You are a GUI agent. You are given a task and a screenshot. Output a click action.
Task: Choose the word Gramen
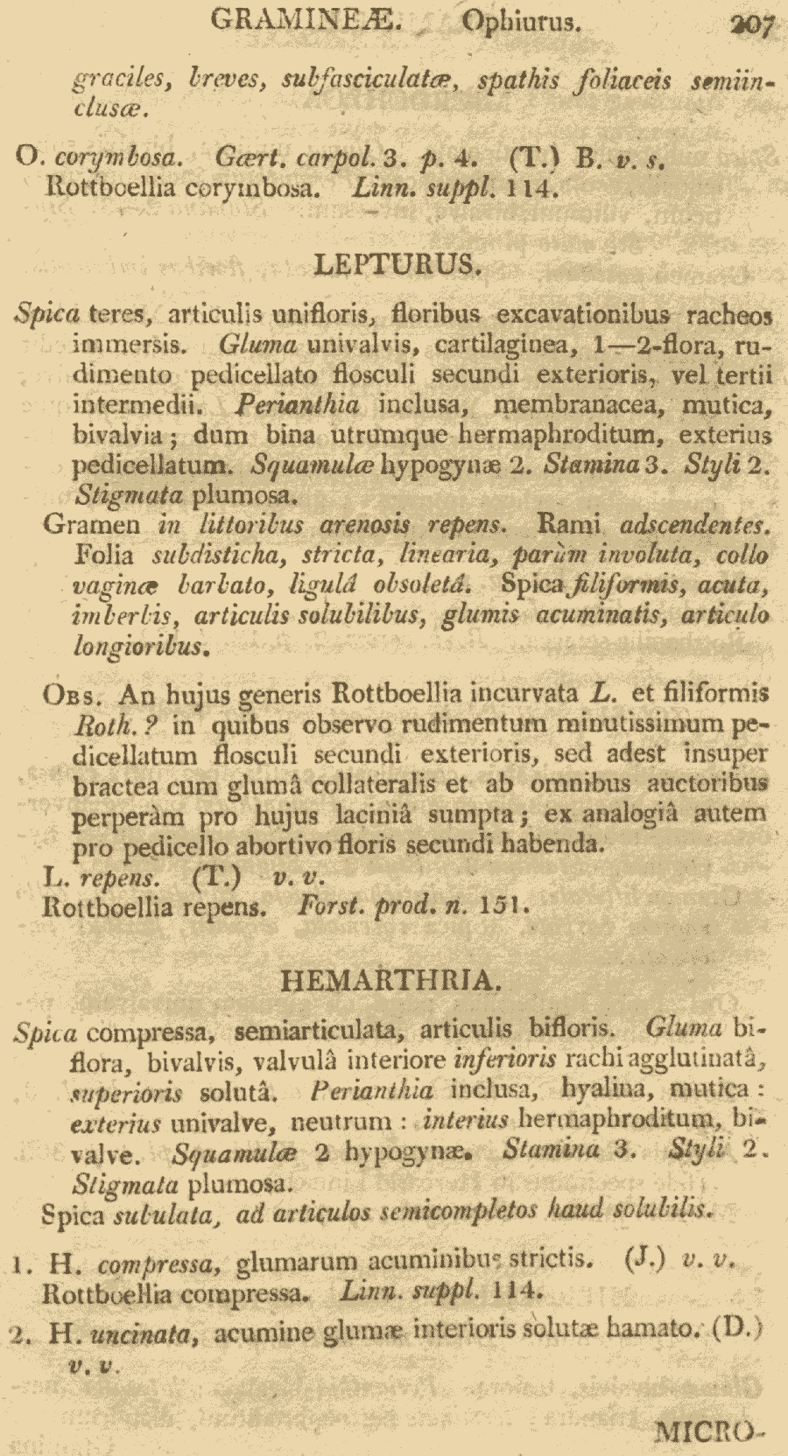[x=92, y=525]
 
